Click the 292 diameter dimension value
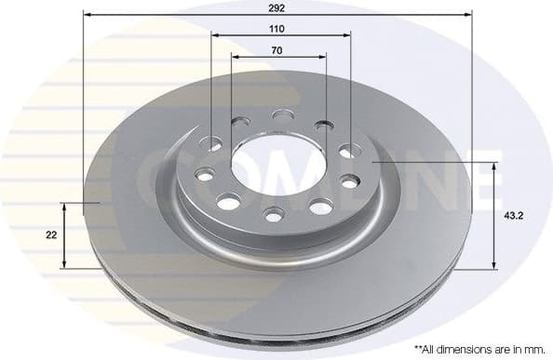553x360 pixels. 276,7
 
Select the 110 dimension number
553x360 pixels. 276,29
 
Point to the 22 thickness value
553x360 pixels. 50,234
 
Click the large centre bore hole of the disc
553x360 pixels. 276,165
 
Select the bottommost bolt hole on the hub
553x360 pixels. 274,216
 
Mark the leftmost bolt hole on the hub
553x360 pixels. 202,174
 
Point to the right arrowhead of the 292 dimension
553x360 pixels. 467,15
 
